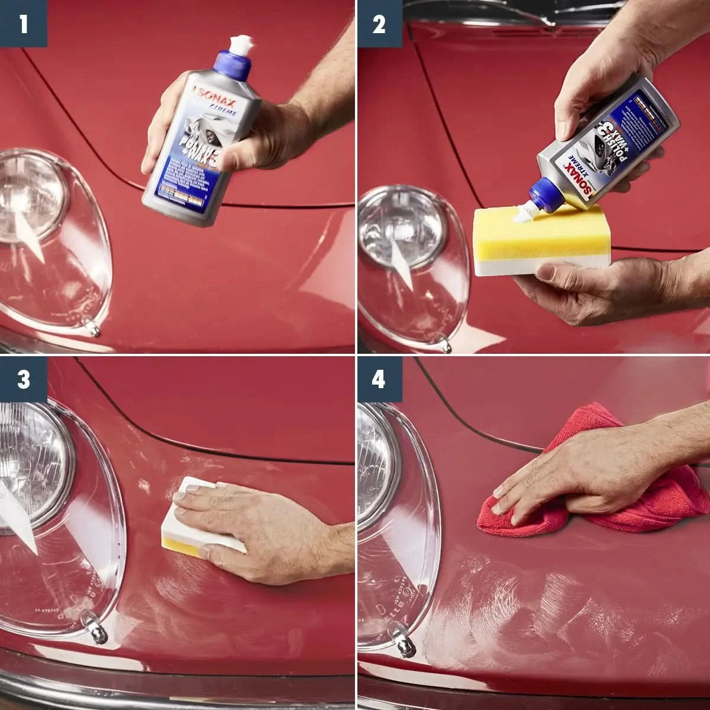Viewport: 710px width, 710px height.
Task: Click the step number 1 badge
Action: click(x=23, y=24)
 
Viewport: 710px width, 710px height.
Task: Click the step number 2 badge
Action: click(x=379, y=24)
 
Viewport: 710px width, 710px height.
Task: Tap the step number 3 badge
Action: click(x=23, y=379)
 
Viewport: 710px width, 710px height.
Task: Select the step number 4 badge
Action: click(x=379, y=379)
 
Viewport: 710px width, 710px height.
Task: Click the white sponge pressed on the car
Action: click(x=204, y=515)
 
